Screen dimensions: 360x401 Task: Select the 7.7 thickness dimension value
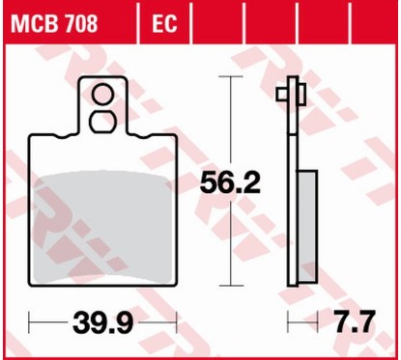click(357, 319)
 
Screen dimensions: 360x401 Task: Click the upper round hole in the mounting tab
click(101, 94)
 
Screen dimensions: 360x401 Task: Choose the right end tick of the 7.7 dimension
click(315, 319)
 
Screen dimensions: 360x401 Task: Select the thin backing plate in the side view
click(292, 193)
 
